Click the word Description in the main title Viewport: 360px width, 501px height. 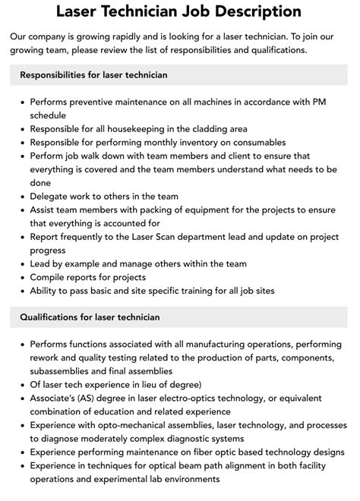(257, 11)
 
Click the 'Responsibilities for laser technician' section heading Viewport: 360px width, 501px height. (94, 75)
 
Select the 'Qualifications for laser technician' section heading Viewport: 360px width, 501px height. (90, 317)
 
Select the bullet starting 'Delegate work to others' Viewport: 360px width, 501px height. (104, 197)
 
